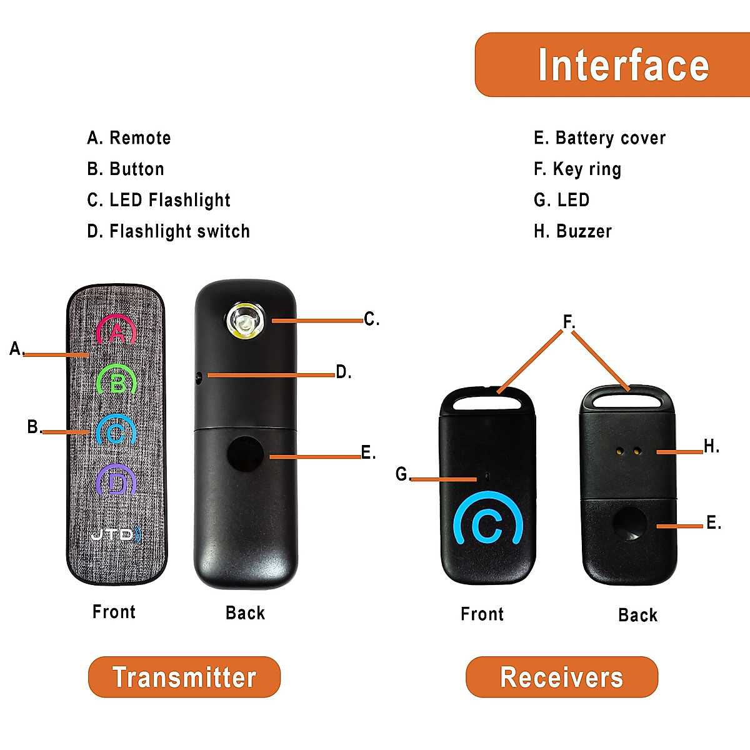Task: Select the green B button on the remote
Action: click(117, 380)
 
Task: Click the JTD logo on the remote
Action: click(116, 534)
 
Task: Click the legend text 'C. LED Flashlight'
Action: click(159, 200)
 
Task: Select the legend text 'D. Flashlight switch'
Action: click(168, 231)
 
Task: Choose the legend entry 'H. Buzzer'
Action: click(572, 231)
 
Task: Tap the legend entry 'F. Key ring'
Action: click(577, 169)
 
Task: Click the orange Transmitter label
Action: click(184, 677)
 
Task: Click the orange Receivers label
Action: click(562, 677)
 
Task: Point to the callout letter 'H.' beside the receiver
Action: click(711, 446)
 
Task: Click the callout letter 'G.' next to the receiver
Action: click(403, 474)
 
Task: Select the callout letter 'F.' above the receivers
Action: click(569, 322)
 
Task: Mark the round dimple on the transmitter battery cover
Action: click(245, 454)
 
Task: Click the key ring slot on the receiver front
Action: click(487, 402)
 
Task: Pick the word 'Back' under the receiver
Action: click(637, 615)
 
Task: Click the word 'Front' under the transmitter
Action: click(114, 612)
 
